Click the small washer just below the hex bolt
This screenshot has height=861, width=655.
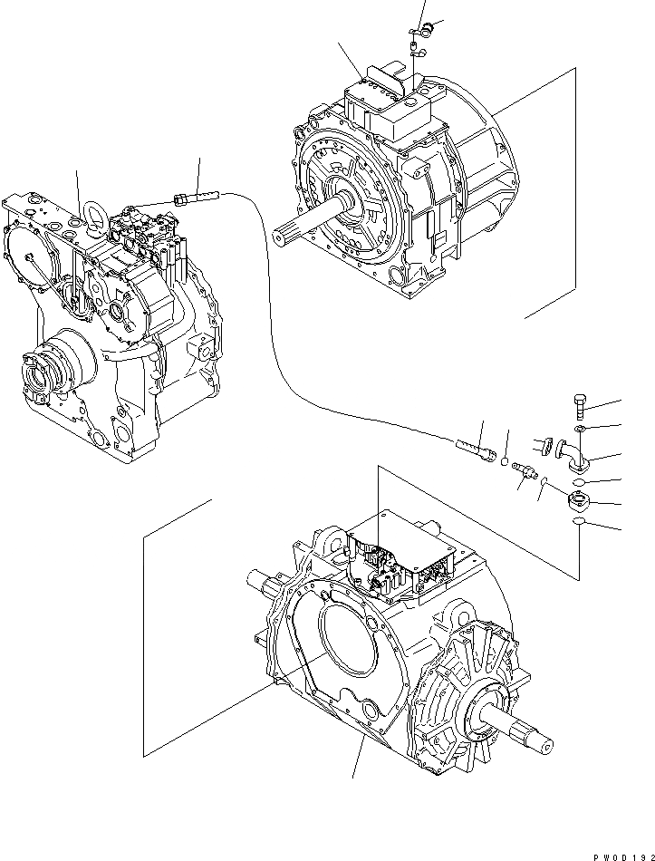pos(581,427)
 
